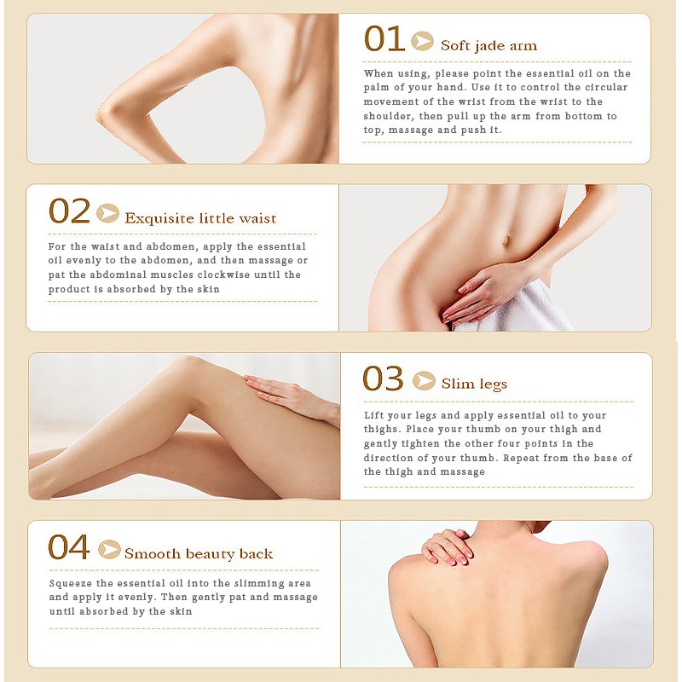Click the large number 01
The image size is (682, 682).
click(384, 38)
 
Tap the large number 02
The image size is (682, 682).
click(70, 211)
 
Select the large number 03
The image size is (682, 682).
click(383, 379)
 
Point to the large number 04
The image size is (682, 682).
click(69, 546)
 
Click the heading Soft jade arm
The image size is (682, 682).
click(488, 46)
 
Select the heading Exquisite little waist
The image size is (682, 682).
click(200, 218)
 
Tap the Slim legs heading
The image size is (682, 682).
click(474, 384)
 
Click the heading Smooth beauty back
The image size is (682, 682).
click(199, 553)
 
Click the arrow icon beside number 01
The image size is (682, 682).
click(422, 41)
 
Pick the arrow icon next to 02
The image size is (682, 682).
click(108, 213)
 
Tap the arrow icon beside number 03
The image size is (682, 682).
click(424, 381)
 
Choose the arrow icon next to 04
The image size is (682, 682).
click(110, 549)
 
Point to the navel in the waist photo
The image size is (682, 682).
click(506, 240)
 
